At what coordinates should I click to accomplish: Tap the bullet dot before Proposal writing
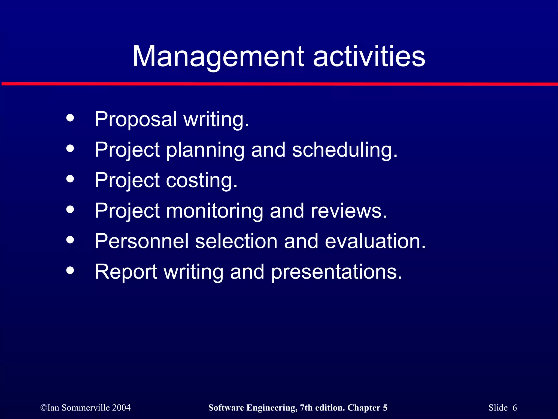click(70, 118)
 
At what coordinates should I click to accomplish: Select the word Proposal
click(136, 119)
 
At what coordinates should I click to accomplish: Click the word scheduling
click(344, 150)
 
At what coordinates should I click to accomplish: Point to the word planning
click(205, 150)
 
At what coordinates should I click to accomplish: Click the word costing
click(202, 180)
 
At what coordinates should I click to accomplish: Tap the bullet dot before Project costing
click(70, 179)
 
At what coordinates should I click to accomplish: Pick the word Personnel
click(141, 241)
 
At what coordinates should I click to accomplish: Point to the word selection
click(236, 241)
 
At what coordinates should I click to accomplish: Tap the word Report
click(126, 272)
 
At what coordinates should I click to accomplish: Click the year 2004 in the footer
click(121, 408)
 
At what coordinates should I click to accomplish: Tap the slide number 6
click(514, 408)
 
